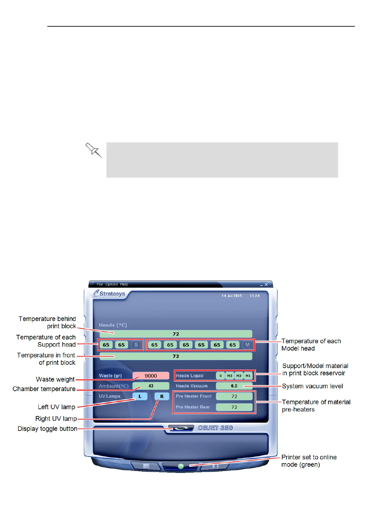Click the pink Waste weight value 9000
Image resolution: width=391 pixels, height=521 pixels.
tap(151, 376)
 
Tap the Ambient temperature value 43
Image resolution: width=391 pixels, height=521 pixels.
tap(151, 386)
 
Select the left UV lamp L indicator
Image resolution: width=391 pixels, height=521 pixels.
tap(140, 396)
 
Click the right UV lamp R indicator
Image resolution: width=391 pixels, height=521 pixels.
tap(162, 396)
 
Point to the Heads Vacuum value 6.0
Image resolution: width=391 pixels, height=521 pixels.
tap(234, 386)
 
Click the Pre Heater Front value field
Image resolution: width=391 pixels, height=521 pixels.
tap(234, 396)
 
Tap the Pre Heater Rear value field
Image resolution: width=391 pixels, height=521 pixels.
tap(234, 407)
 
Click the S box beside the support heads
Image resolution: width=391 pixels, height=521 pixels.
tap(136, 345)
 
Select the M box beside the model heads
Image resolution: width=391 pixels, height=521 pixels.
tap(247, 345)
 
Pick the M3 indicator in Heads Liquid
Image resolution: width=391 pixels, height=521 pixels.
tap(230, 376)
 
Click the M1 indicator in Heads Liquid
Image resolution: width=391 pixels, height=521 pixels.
tap(248, 376)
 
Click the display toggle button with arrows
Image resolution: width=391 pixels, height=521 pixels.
tap(181, 428)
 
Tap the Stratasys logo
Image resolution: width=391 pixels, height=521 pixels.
tap(109, 293)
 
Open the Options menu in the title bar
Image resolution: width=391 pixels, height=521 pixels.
tap(112, 284)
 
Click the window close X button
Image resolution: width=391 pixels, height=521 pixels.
tap(266, 285)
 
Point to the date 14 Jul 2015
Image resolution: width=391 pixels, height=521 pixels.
tap(232, 296)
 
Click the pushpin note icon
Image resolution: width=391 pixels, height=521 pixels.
tap(94, 150)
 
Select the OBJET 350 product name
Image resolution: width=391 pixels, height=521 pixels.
tap(216, 428)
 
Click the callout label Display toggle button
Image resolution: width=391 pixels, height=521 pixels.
tap(47, 429)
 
